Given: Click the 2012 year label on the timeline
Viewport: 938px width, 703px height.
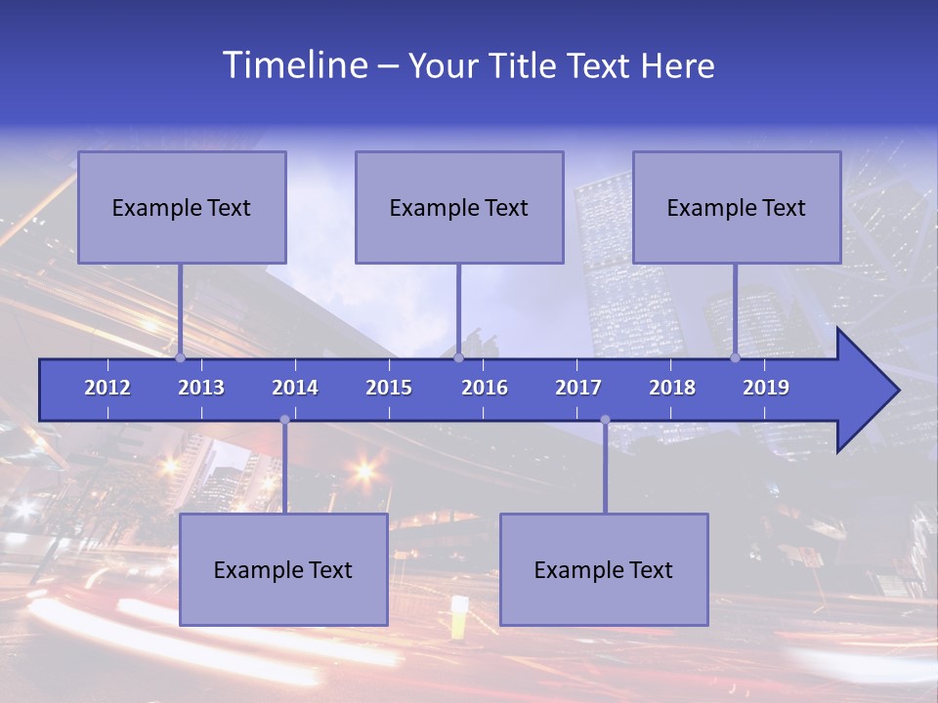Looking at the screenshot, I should (x=107, y=388).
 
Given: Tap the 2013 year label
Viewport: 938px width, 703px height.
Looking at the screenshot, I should (x=201, y=388).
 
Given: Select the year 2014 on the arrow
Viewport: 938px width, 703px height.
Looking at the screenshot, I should (x=295, y=388).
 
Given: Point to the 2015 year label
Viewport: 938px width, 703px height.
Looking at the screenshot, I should (x=389, y=388).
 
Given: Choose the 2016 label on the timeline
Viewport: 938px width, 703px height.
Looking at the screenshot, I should (x=485, y=388).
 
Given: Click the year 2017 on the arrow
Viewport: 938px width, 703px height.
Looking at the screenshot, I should (x=578, y=388).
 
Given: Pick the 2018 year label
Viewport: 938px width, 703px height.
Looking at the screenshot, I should (x=672, y=388).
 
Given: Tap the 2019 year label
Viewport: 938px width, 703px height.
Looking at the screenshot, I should (x=766, y=388).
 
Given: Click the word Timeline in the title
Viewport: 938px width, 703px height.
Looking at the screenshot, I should (x=294, y=65).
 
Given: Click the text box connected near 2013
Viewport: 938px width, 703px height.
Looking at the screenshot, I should (x=182, y=207).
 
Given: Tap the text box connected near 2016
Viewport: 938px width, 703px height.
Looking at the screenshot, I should (x=459, y=207).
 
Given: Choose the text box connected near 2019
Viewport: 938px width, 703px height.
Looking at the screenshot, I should (x=737, y=207).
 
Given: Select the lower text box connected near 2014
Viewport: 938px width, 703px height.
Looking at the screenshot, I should (x=283, y=569).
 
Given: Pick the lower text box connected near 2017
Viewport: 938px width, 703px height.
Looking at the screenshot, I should (x=604, y=569).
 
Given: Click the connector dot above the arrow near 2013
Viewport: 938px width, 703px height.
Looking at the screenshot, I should (x=180, y=357).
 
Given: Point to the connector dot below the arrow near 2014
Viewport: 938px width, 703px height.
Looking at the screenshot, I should (x=284, y=420).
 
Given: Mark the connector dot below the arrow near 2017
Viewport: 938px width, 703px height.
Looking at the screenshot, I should (x=605, y=420).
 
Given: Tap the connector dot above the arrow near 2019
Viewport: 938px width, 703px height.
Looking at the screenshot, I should (x=735, y=357).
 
